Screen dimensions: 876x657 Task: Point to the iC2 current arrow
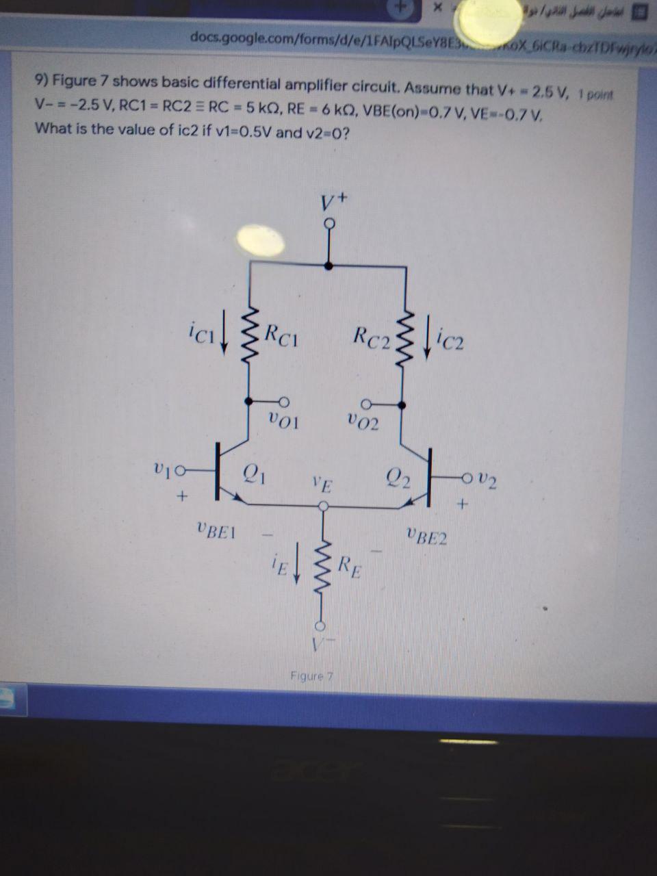point(428,336)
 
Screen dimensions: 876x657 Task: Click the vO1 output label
point(283,419)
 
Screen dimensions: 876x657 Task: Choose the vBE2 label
point(426,535)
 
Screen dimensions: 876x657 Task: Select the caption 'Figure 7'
point(311,677)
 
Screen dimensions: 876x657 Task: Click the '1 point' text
point(597,94)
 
